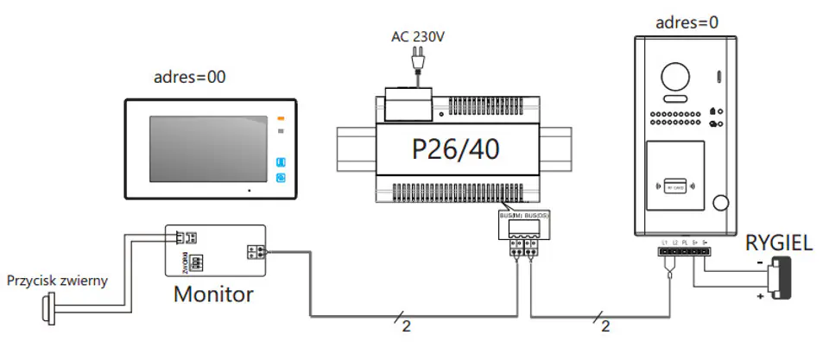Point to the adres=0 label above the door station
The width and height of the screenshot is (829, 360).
pyautogui.click(x=687, y=22)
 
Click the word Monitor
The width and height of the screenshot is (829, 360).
pyautogui.click(x=213, y=294)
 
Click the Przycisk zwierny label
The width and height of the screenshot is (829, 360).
pyautogui.click(x=58, y=281)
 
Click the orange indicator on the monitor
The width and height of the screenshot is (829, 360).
pyautogui.click(x=280, y=118)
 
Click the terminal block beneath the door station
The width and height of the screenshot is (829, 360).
pyautogui.click(x=684, y=253)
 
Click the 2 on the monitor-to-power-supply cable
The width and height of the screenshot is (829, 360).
pyautogui.click(x=406, y=326)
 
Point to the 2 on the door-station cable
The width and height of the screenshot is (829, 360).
pyautogui.click(x=607, y=326)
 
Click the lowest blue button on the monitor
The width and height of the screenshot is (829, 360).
pyautogui.click(x=281, y=179)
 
